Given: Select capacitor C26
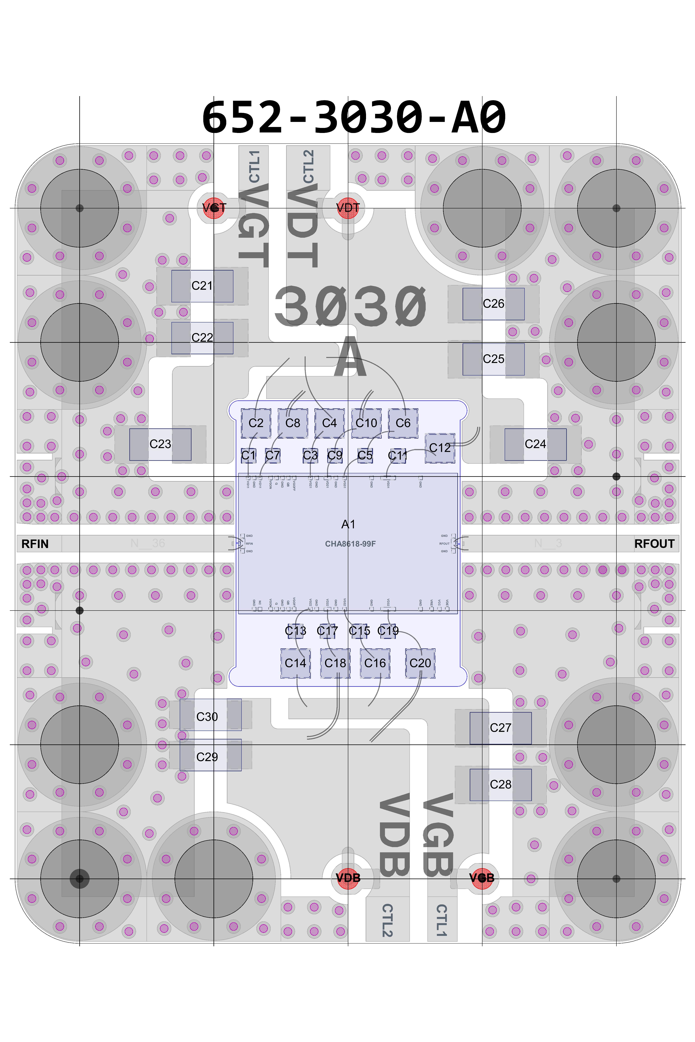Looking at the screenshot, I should (x=493, y=304).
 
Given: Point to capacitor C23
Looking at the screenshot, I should (x=160, y=444).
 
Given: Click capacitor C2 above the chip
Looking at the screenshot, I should (x=256, y=423).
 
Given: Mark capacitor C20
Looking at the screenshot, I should (x=420, y=663).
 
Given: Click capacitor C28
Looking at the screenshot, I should (x=500, y=785).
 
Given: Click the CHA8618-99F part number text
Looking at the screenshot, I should (x=350, y=544).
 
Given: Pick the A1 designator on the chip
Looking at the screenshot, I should (x=348, y=524).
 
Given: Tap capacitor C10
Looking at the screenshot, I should (x=366, y=423).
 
